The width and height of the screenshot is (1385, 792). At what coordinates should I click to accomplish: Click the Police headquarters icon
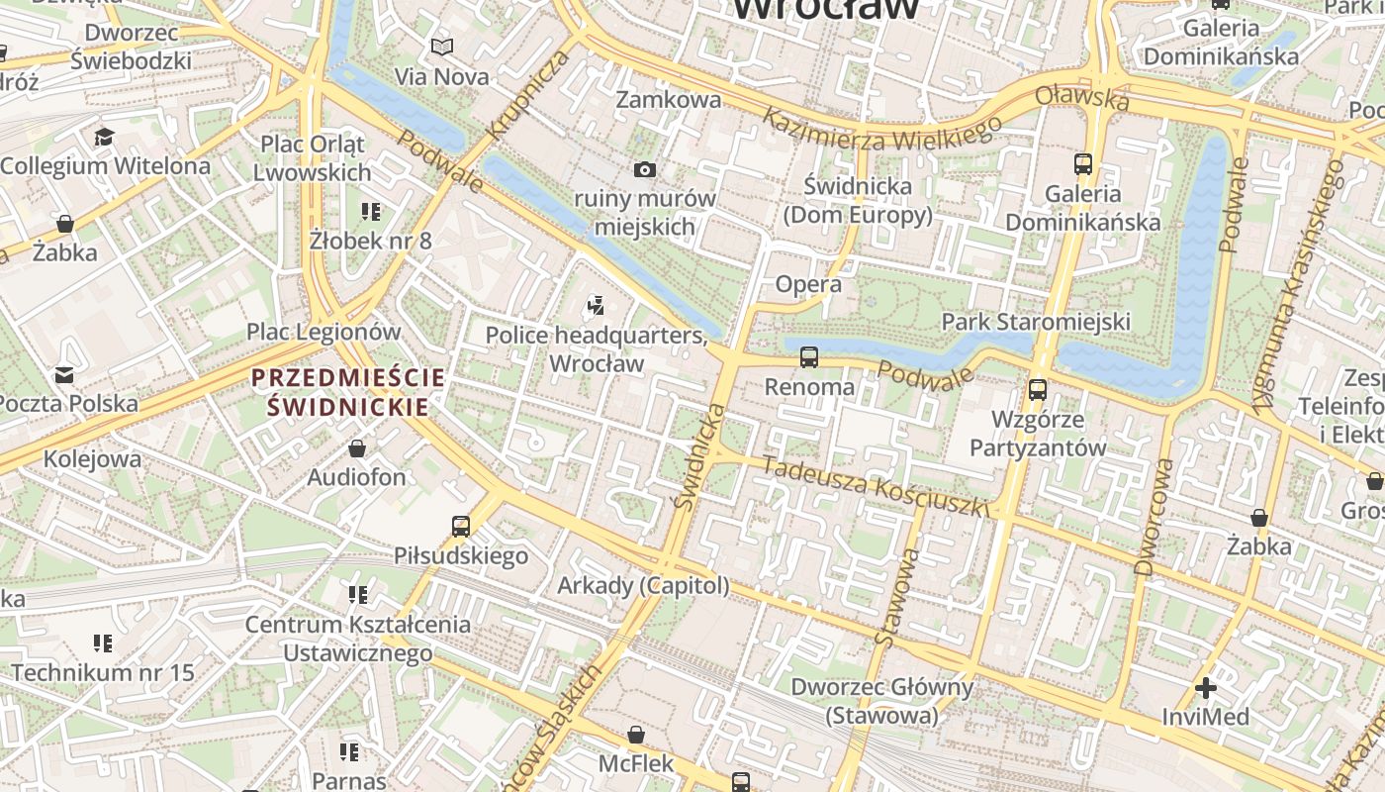point(596,306)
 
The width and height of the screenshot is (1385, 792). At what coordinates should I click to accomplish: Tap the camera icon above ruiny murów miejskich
point(645,169)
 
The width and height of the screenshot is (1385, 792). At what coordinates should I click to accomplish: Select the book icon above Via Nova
point(442,47)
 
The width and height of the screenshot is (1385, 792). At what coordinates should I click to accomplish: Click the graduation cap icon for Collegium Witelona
point(105,137)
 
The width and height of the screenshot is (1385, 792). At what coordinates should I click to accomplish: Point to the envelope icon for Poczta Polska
point(64,375)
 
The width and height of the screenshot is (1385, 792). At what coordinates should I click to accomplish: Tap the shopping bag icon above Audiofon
point(357,448)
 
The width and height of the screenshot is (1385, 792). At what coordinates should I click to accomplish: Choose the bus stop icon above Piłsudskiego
point(461,526)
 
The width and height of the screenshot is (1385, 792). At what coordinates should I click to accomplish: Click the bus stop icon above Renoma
point(809,357)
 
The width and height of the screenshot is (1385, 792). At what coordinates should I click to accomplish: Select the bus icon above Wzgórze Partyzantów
point(1037,390)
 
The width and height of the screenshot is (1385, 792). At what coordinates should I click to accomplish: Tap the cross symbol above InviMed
point(1205,687)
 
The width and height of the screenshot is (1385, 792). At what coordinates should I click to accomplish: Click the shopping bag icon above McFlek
point(636,735)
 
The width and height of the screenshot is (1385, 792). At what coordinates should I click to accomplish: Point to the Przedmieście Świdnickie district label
point(347,392)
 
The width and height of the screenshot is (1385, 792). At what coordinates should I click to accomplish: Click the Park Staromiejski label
point(1036,322)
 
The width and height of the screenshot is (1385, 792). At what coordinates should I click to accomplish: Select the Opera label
point(808,284)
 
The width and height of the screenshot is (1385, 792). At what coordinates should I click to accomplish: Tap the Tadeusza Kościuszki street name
point(875,487)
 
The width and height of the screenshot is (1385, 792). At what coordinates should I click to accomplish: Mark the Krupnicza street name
point(528,94)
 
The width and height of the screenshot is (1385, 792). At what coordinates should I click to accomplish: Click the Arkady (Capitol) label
point(643,585)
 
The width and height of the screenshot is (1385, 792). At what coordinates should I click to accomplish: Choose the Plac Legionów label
point(323,332)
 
